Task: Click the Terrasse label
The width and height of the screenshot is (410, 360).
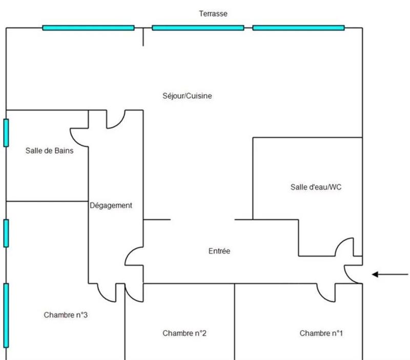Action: pos(213,14)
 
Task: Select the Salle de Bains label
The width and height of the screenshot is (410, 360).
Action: pos(50,151)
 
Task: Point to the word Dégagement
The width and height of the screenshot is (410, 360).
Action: pos(111,205)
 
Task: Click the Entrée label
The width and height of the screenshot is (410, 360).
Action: pos(219,251)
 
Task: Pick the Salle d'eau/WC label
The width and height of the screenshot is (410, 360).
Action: pos(316,187)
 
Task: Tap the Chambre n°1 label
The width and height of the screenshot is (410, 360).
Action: pos(321,333)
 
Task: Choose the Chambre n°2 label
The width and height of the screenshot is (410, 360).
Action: pos(184,333)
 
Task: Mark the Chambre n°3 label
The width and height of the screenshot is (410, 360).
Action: pos(66,315)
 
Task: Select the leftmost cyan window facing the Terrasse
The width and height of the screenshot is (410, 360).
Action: pos(88,28)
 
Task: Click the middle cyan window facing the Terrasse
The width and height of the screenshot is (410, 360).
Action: pos(198,28)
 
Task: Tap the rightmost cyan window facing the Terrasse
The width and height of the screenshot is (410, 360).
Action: pos(298,28)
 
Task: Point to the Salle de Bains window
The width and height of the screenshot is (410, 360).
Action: pos(6,133)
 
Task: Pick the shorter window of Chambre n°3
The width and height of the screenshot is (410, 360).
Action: pos(6,233)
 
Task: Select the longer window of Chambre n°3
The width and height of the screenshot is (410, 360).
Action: pos(6,315)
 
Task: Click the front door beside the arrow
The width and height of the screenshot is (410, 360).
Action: pos(353,274)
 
